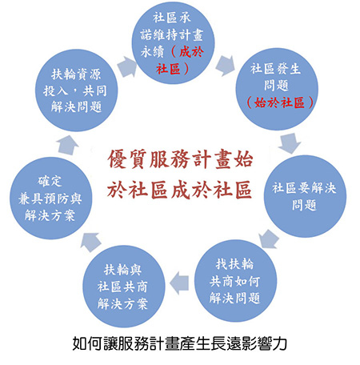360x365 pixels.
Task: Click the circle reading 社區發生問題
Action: pyautogui.click(x=277, y=89)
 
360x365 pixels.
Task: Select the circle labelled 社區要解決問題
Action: pyautogui.click(x=305, y=196)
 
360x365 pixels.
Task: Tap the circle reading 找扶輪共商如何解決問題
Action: pyautogui.click(x=235, y=281)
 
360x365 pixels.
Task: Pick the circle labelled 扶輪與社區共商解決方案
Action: pyautogui.click(x=123, y=287)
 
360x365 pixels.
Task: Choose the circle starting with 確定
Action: pyautogui.click(x=51, y=198)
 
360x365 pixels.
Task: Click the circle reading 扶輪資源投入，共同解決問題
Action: pyautogui.click(x=76, y=90)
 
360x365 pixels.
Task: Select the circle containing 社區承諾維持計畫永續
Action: pyautogui.click(x=174, y=42)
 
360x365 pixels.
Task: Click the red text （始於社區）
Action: pyautogui.click(x=279, y=102)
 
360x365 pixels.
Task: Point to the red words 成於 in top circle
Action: pyautogui.click(x=191, y=52)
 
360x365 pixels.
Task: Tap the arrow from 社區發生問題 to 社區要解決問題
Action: pyautogui.click(x=290, y=143)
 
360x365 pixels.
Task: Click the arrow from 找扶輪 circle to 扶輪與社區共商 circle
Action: pyautogui.click(x=179, y=283)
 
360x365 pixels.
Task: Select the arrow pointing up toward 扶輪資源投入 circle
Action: pyautogui.click(x=68, y=145)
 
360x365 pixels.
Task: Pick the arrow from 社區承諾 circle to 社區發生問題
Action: pyautogui.click(x=226, y=66)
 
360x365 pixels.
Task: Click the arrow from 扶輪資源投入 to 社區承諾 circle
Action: pyautogui.click(x=126, y=66)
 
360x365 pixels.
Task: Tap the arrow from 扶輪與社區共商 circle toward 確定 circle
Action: pyautogui.click(x=90, y=242)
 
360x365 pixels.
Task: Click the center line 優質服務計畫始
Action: pyautogui.click(x=180, y=159)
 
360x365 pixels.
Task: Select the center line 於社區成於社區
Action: pyautogui.click(x=179, y=190)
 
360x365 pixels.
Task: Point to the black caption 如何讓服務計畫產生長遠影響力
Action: pyautogui.click(x=180, y=343)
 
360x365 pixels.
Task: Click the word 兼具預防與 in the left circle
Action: pyautogui.click(x=50, y=199)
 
